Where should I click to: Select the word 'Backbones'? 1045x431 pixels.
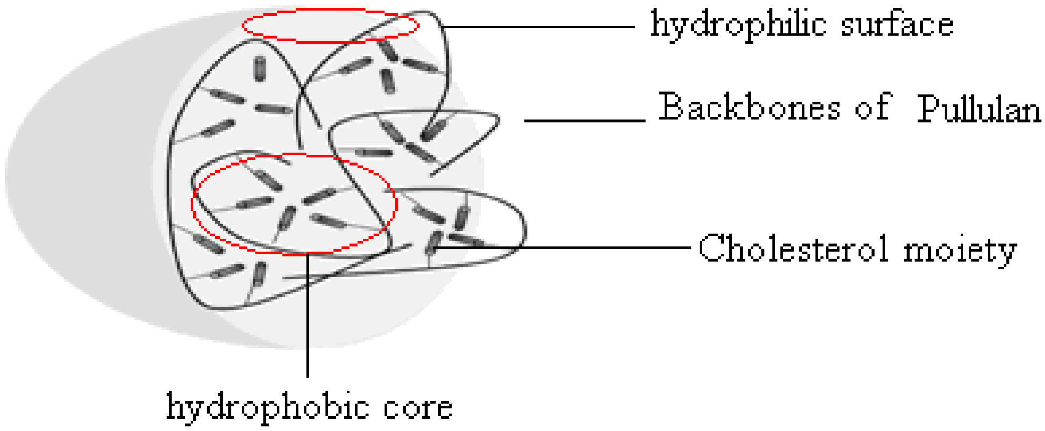(749, 107)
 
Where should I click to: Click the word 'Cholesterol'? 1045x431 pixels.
(792, 249)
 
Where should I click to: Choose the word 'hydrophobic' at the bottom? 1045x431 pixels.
(266, 407)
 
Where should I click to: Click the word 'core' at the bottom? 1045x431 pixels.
(418, 407)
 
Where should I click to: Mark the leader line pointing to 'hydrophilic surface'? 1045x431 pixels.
(537, 26)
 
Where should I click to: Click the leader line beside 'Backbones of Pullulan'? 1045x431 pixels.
(585, 120)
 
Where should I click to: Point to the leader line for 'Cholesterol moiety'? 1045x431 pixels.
(564, 248)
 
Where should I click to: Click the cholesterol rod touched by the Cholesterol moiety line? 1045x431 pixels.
(433, 243)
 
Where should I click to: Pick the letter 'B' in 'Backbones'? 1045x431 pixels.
(671, 106)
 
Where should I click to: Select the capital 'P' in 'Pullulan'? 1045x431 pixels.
(928, 109)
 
